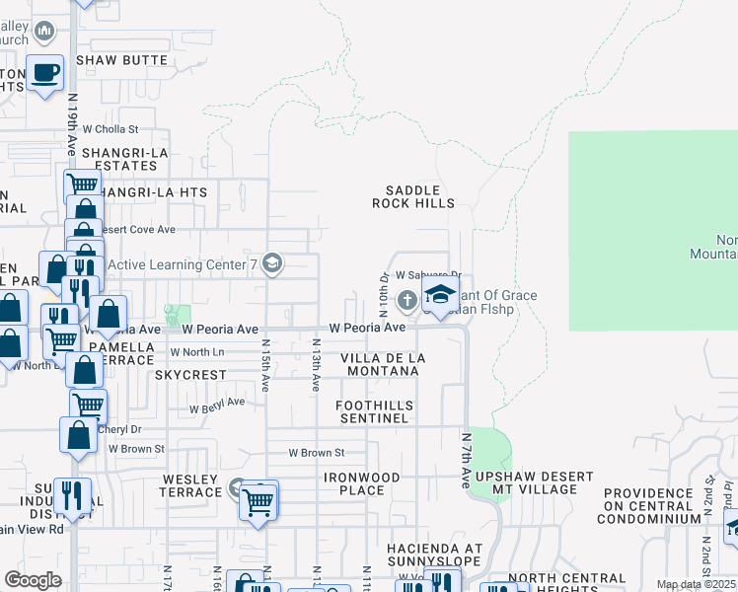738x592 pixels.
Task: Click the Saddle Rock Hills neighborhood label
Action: pos(412,196)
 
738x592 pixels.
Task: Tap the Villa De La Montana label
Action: pos(383,363)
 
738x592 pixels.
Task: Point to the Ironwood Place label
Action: pos(361,483)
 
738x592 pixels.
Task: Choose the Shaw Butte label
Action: pos(121,60)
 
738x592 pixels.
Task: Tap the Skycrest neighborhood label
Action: pos(190,375)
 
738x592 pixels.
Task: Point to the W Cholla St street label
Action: pos(111,128)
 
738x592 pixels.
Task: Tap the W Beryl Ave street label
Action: pos(218,405)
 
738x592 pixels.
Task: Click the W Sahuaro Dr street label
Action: pos(428,276)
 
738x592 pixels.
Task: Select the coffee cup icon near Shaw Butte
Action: pos(45,72)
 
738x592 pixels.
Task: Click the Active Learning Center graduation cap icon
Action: pos(274,263)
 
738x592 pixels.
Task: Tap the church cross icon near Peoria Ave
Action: pos(406,299)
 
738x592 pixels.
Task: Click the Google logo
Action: pos(33,580)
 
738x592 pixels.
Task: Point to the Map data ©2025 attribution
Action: pos(695,584)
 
